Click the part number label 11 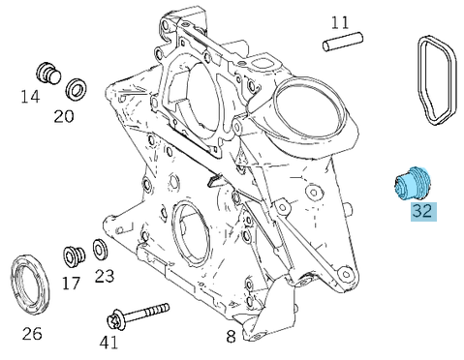(340, 22)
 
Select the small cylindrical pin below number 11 (343, 42)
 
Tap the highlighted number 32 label (423, 211)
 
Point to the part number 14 (30, 97)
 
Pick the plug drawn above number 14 (48, 74)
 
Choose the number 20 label (64, 116)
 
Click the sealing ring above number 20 (77, 89)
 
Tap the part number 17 (71, 283)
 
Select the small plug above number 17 (74, 256)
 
